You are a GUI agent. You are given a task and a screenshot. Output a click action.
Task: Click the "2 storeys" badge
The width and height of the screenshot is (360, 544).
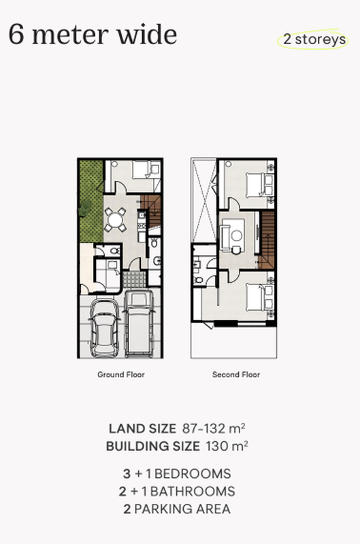(313, 39)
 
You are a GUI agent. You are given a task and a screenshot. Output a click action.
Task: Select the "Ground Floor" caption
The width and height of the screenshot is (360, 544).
(121, 375)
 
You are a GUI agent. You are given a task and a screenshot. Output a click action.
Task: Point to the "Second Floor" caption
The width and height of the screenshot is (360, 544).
(236, 375)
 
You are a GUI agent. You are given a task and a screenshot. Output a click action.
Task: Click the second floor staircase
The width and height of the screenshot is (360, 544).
(267, 238)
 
